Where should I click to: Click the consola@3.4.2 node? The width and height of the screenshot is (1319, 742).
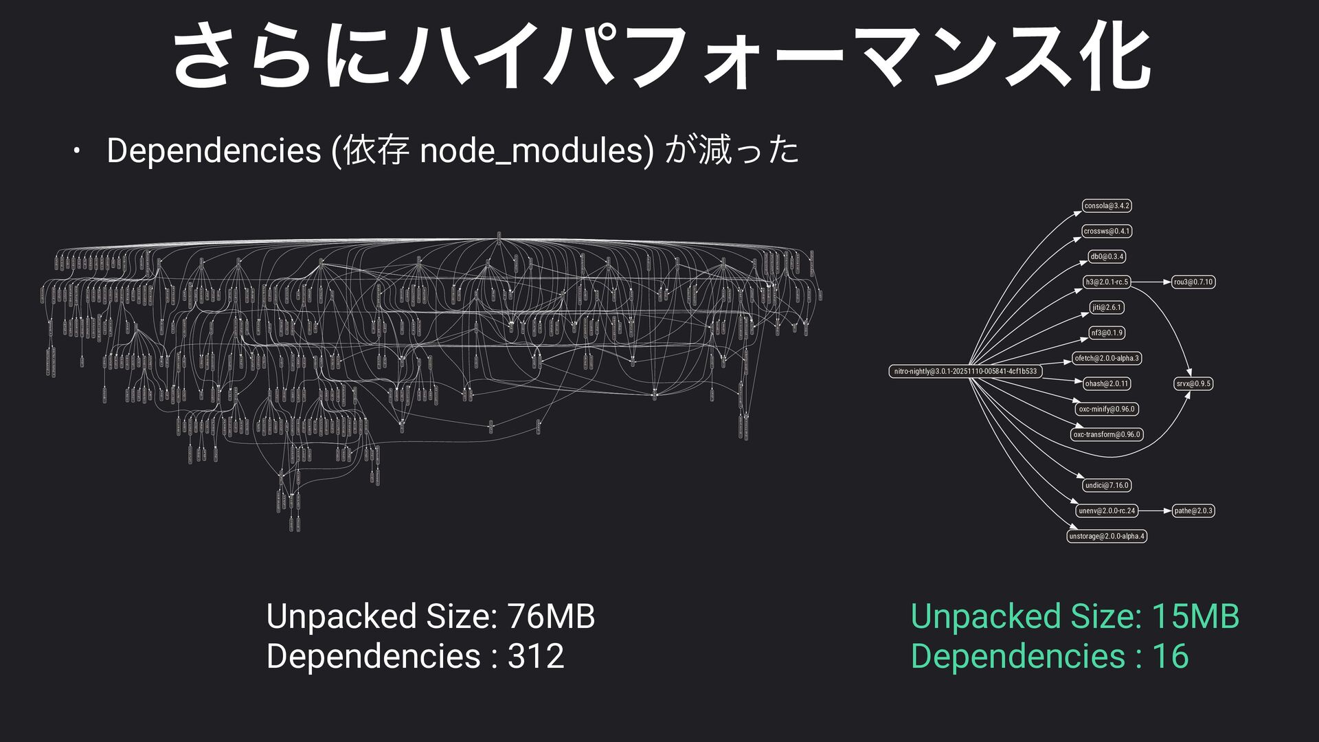1107,205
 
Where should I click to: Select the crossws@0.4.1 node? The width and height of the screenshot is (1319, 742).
1107,231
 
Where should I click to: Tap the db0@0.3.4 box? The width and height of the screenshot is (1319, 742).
1107,256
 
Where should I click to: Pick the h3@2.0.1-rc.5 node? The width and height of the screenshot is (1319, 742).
1107,282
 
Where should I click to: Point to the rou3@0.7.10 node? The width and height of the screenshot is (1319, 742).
1193,282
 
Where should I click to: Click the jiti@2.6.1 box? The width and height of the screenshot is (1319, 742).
1107,307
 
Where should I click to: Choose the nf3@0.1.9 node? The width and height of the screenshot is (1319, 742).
1107,333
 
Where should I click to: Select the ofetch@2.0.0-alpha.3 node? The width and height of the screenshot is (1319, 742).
1107,358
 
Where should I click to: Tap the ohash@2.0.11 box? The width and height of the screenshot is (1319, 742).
1107,383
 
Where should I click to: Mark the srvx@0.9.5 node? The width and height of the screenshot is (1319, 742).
1193,383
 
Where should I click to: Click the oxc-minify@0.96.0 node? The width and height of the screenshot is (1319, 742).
1107,409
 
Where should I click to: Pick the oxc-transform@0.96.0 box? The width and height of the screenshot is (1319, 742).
1107,434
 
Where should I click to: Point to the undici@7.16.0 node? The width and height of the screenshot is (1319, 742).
1107,485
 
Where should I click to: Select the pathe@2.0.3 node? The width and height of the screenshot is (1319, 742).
1193,510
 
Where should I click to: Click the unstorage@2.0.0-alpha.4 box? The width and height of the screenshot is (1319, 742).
1107,536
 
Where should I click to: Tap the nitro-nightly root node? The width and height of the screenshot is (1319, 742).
965,371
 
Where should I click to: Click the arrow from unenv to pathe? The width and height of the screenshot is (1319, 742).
1155,510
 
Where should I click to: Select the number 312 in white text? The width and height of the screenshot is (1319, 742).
536,655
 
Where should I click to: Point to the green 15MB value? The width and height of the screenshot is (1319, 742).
1195,616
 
